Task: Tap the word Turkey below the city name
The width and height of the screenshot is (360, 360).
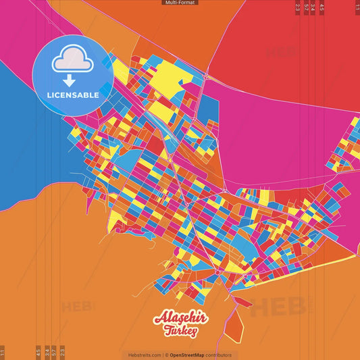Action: tap(180, 330)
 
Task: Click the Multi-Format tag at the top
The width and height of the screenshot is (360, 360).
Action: tap(180, 3)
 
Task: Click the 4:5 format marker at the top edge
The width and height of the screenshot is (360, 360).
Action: tap(322, 7)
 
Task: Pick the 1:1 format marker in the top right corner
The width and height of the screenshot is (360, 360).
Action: tap(357, 7)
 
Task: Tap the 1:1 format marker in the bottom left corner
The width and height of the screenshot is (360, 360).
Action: tap(3, 352)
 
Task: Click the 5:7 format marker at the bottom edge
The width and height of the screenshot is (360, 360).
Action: tap(54, 352)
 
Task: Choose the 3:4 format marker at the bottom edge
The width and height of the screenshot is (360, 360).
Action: tap(47, 352)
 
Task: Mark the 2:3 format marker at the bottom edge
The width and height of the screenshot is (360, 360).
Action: tap(62, 352)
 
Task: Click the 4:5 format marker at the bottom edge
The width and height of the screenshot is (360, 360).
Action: tap(38, 352)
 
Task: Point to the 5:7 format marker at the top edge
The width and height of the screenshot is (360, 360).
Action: tap(306, 7)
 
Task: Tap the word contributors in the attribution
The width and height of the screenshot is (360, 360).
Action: tap(219, 355)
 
